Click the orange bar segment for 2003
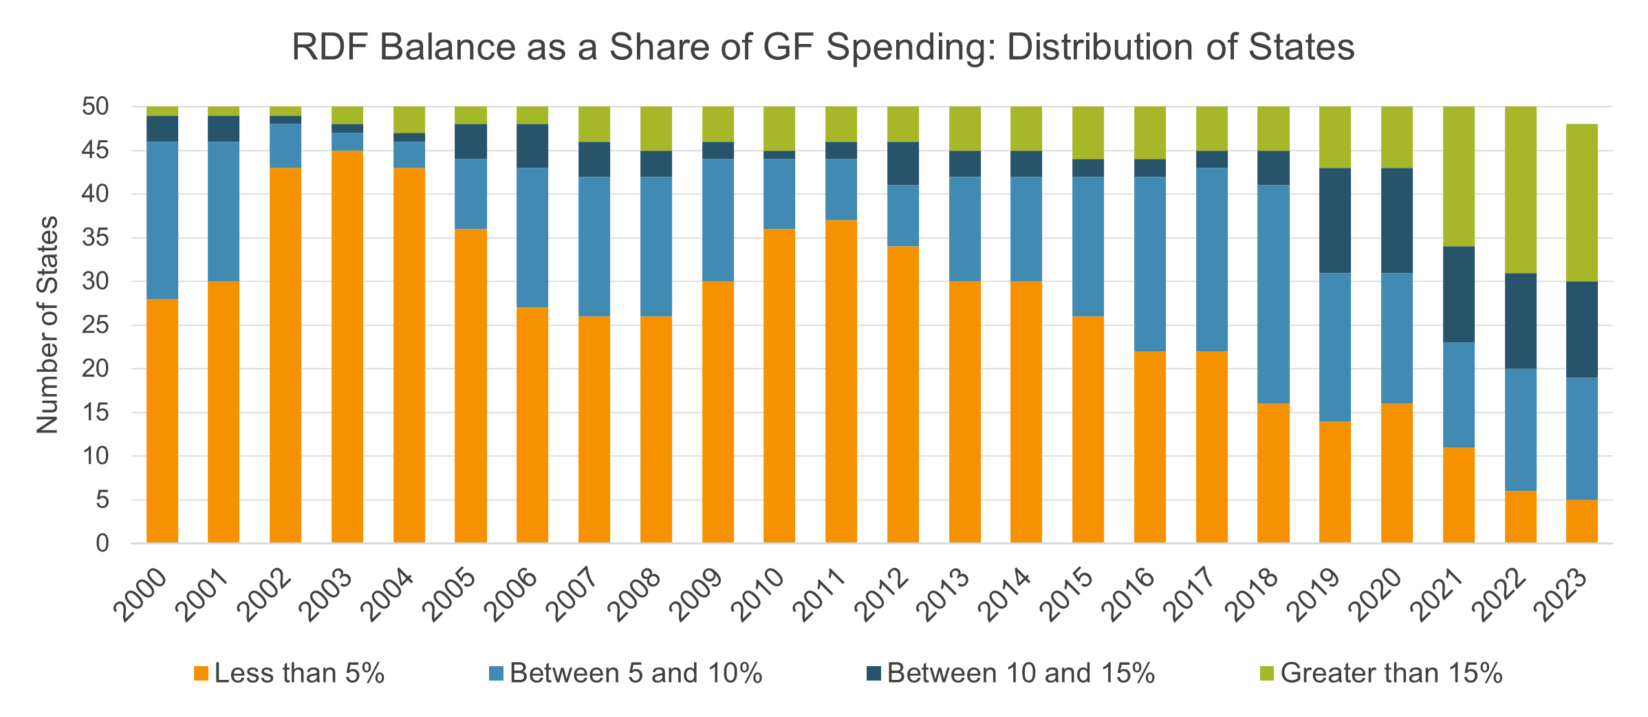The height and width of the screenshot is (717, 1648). (x=347, y=347)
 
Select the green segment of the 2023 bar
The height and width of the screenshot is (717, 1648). (x=1581, y=203)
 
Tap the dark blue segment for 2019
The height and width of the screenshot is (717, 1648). (x=1334, y=221)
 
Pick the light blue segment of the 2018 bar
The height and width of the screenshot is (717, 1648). (x=1273, y=294)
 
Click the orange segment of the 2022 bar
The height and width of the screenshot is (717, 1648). (x=1520, y=517)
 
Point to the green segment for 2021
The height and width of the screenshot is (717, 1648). (x=1458, y=176)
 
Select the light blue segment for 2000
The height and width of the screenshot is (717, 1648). (x=162, y=220)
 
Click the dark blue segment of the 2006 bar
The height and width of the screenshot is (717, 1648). (x=532, y=146)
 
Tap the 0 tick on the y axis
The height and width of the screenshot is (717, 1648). (x=102, y=544)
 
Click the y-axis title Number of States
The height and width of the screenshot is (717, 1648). (x=48, y=325)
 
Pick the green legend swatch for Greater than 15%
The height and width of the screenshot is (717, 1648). (x=1267, y=673)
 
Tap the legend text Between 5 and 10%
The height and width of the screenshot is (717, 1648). (x=636, y=673)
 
